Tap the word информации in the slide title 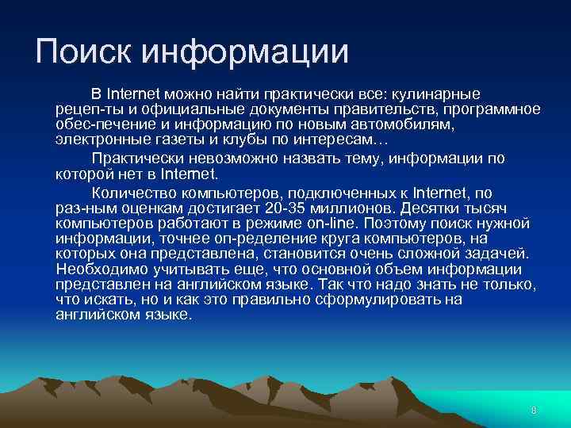pyautogui.click(x=245, y=52)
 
